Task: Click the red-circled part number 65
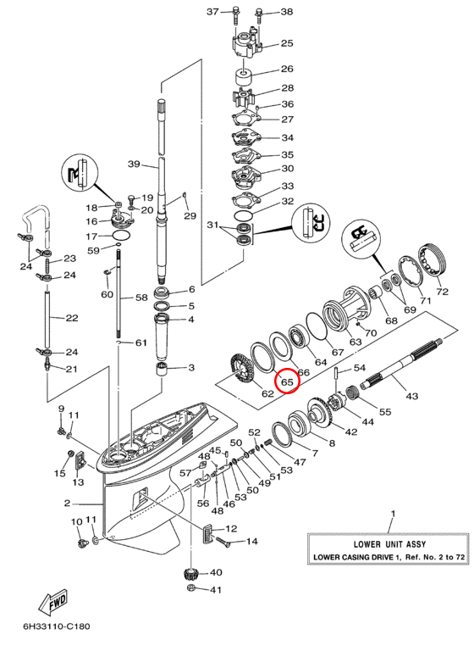(287, 381)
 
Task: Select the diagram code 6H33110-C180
(57, 626)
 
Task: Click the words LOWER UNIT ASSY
(389, 544)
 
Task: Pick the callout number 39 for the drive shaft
(134, 164)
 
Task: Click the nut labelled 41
(191, 589)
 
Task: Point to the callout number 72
(443, 292)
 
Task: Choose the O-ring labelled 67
(317, 326)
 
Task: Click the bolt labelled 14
(223, 542)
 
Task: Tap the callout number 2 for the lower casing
(67, 504)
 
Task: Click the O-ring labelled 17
(121, 236)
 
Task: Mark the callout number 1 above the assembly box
(393, 514)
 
